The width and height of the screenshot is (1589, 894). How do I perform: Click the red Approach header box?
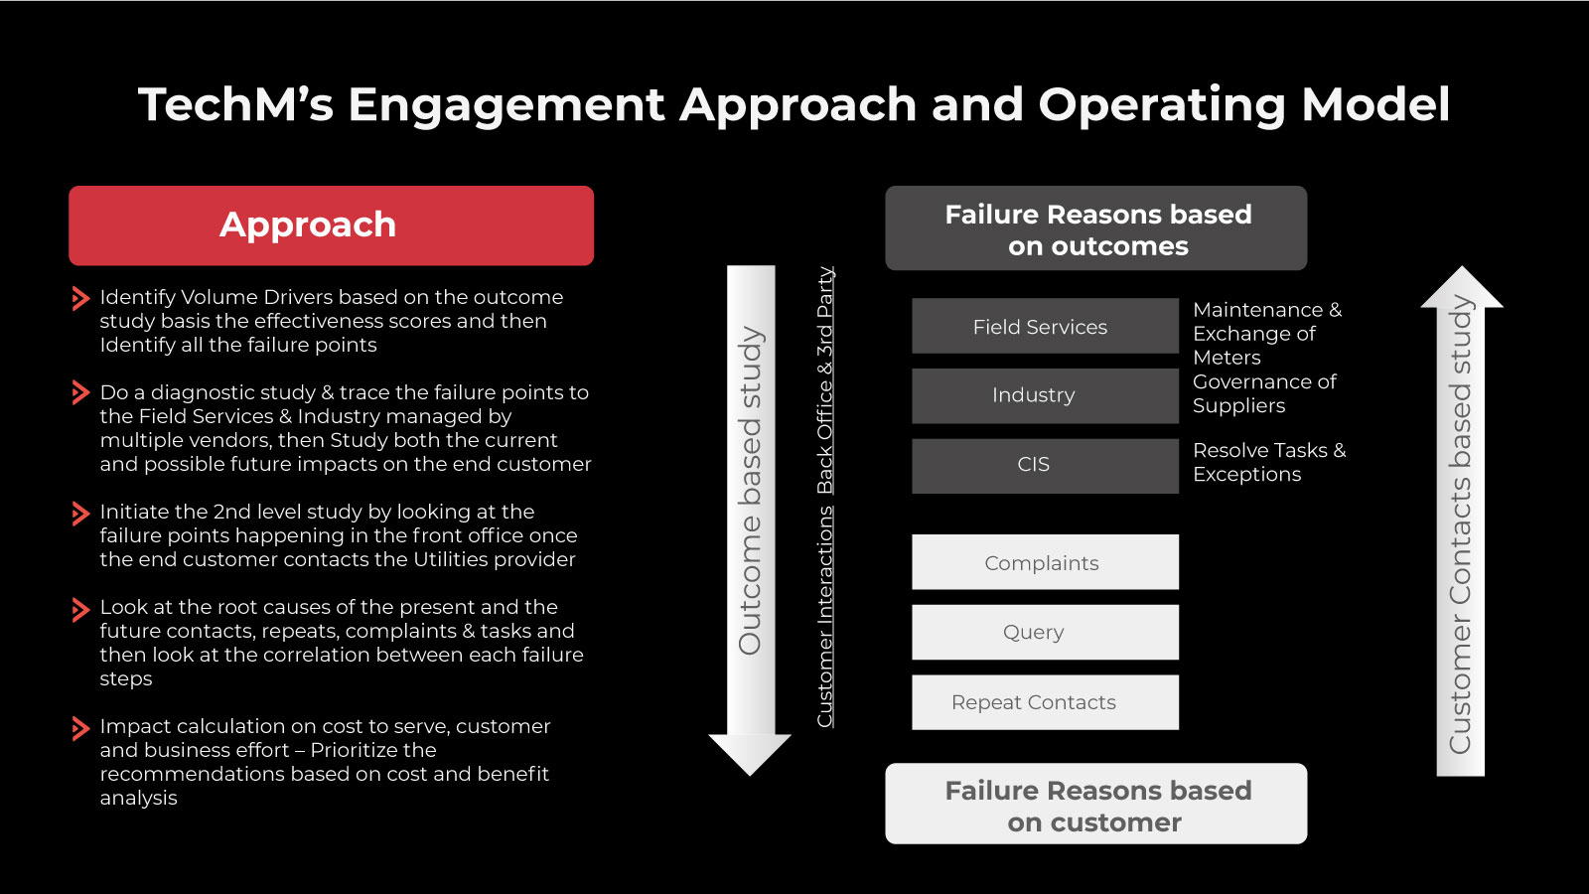point(332,225)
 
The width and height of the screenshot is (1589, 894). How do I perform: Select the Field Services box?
point(1045,326)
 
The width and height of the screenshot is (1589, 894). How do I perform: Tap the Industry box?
point(1045,396)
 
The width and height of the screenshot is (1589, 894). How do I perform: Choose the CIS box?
point(1045,466)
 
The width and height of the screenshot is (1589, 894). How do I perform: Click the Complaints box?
point(1045,562)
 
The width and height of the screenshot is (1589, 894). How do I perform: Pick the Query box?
point(1045,632)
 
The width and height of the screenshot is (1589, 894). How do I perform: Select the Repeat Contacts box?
point(1045,702)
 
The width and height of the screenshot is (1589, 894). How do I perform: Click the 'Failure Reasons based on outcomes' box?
point(1096,227)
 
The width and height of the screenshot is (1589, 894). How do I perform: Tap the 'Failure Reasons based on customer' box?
point(1096,804)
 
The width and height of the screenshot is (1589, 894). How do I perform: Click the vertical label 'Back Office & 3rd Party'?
point(825,380)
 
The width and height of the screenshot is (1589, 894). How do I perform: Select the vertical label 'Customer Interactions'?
point(825,617)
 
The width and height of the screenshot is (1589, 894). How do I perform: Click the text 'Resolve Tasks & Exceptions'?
point(1269,462)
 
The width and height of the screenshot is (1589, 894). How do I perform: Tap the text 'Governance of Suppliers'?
point(1264,393)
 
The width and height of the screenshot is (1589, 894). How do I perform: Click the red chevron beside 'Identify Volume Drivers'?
point(80,298)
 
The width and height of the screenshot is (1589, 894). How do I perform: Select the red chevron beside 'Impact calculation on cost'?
point(80,728)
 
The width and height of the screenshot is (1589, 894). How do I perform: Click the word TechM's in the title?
point(235,105)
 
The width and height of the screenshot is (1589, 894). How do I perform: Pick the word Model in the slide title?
point(1375,105)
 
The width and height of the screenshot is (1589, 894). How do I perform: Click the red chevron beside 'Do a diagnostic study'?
point(80,392)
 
